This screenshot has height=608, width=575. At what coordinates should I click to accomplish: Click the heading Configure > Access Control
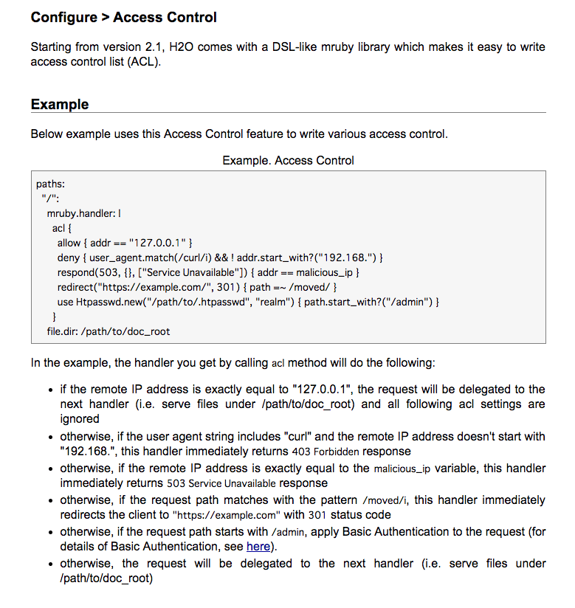[124, 17]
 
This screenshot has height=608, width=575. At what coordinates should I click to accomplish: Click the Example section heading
[60, 105]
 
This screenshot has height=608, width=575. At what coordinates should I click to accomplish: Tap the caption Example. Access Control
[288, 160]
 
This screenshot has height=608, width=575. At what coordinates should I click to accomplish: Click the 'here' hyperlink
[258, 547]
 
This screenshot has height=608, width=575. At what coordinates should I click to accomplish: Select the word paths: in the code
[51, 184]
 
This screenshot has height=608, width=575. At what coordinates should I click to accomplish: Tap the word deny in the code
[68, 258]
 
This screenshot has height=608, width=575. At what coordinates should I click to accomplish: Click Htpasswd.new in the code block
[106, 302]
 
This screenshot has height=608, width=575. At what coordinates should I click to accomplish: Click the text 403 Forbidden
[323, 451]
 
